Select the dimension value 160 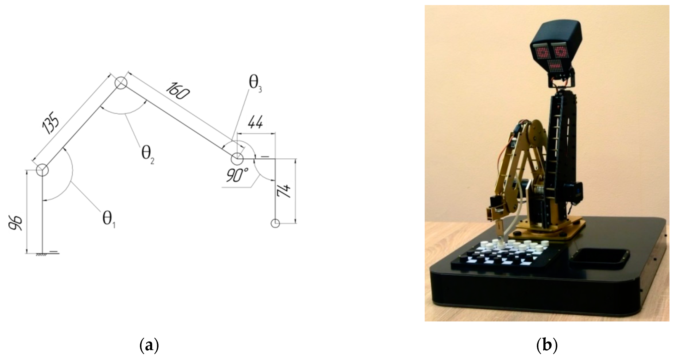pyautogui.click(x=178, y=91)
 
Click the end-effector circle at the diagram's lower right pyautogui.click(x=275, y=223)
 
